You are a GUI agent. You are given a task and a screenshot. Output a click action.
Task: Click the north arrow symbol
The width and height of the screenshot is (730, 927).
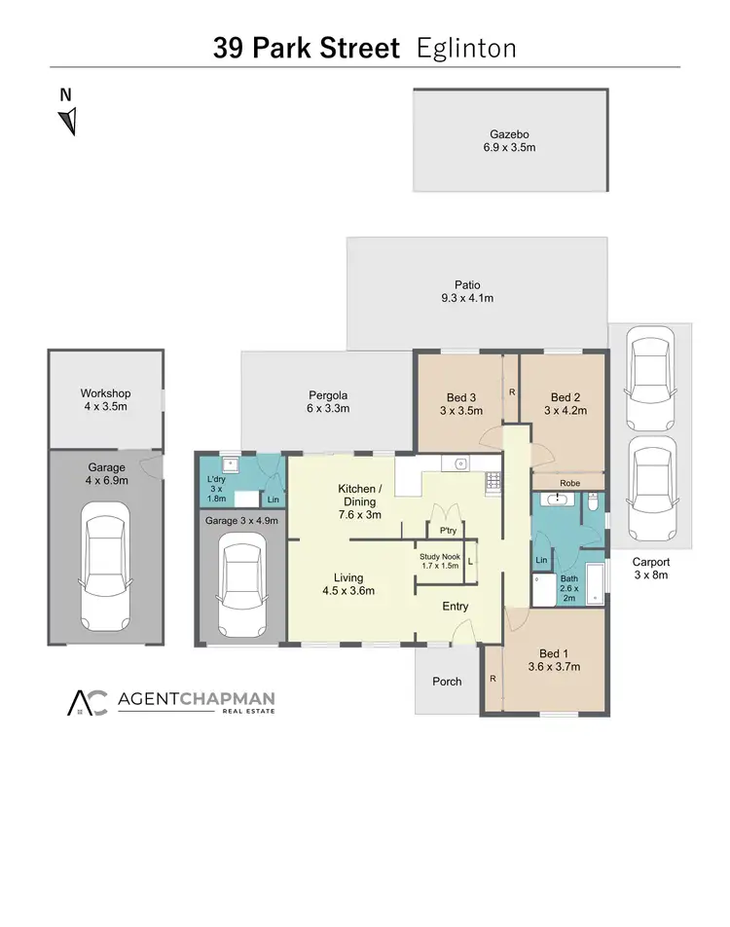click(67, 121)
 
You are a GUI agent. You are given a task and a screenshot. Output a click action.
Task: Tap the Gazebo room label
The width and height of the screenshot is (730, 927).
click(510, 135)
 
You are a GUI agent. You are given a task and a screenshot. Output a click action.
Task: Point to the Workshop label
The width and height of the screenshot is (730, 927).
click(105, 393)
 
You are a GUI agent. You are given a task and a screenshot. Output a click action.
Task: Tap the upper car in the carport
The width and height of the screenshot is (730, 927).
click(649, 378)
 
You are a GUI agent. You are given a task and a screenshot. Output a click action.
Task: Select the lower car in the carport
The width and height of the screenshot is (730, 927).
click(649, 489)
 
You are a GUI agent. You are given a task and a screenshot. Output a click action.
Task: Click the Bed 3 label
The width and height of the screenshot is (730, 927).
click(461, 397)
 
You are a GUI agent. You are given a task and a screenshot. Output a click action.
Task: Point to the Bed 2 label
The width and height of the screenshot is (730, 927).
click(566, 397)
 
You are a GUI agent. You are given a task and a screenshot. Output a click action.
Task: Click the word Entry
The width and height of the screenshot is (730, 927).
click(455, 607)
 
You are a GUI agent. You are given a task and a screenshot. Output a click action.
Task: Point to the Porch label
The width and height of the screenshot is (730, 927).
click(448, 681)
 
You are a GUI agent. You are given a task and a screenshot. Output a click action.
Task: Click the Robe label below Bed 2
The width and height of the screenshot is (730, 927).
click(569, 481)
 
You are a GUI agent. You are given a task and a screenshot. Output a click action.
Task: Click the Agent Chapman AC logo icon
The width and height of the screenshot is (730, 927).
click(88, 703)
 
